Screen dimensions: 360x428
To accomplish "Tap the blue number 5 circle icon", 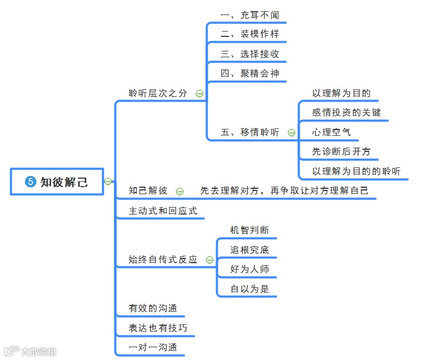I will (30, 182).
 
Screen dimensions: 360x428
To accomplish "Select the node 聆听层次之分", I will (158, 93).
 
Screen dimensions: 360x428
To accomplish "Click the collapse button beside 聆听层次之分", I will (199, 94).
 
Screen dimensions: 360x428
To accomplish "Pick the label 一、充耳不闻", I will (250, 16).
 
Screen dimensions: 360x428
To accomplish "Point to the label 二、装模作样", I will (250, 34).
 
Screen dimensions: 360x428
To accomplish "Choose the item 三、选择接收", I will (250, 54).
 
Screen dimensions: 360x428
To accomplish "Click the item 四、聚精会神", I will (250, 74).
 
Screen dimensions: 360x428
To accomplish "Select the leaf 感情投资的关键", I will (347, 112).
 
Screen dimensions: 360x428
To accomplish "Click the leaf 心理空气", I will (332, 132).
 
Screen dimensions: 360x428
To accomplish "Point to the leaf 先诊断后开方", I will (341, 152).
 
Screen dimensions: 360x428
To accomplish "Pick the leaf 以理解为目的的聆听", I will (356, 171).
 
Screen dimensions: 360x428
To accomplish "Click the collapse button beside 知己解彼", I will (180, 191).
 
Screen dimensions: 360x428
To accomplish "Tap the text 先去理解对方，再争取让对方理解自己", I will (285, 190).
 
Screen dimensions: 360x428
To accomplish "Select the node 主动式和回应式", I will (163, 211).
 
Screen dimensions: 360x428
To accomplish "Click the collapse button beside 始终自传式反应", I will (209, 260).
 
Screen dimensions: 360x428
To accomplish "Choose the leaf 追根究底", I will (250, 250).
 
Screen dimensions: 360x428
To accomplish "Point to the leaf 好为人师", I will (250, 270).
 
